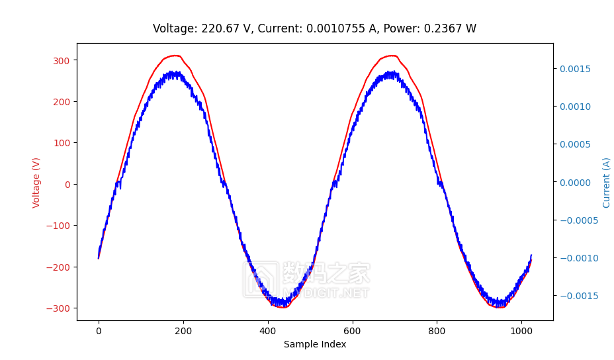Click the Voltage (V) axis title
coord(36,182)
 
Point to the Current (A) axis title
coord(606,182)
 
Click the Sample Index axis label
coord(315,344)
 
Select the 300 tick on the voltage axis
coord(62,60)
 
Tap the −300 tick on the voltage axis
coord(58,308)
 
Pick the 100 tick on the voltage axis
coord(62,143)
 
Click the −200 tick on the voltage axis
coord(58,267)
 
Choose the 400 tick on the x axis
coord(267,330)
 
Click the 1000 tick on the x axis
coord(521,330)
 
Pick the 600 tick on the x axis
coord(352,330)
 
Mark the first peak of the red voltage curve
coord(175,56)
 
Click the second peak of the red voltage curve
coord(392,56)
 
